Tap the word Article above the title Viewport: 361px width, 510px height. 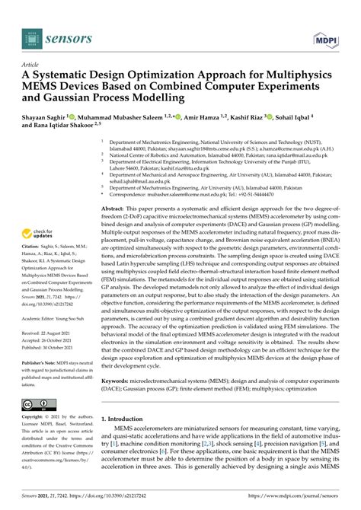[32, 65]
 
